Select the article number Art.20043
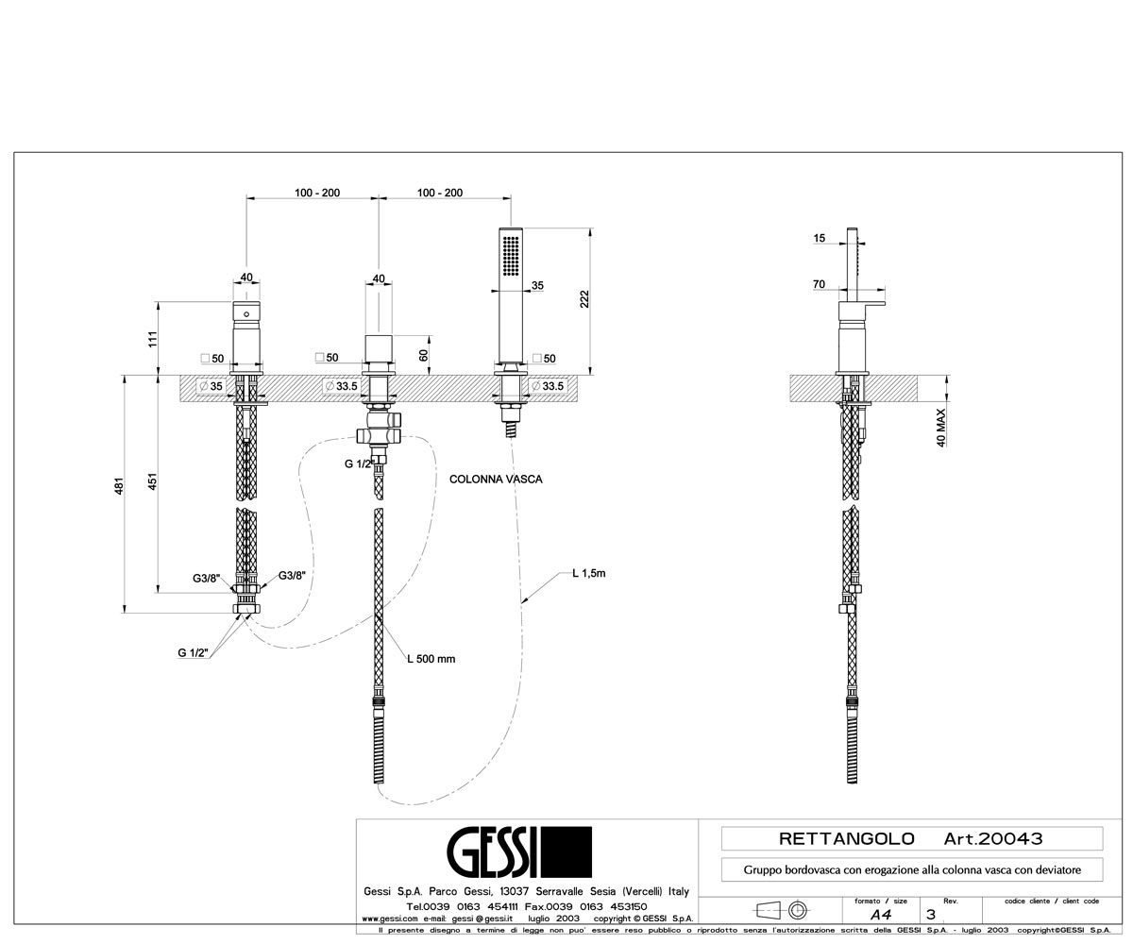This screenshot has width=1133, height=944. pyautogui.click(x=993, y=839)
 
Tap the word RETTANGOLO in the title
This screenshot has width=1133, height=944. pyautogui.click(x=847, y=839)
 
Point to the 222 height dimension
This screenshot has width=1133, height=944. pyautogui.click(x=584, y=299)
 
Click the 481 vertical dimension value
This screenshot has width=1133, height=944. pyautogui.click(x=119, y=485)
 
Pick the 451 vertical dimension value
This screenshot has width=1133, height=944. pyautogui.click(x=152, y=481)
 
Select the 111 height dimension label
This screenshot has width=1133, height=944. pyautogui.click(x=152, y=339)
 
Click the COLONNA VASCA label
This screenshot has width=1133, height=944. pyautogui.click(x=496, y=479)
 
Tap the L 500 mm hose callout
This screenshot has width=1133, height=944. pyautogui.click(x=431, y=659)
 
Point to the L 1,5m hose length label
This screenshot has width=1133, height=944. pyautogui.click(x=589, y=573)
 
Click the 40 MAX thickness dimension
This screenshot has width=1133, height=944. pyautogui.click(x=941, y=428)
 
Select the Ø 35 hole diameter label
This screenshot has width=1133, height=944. pyautogui.click(x=211, y=386)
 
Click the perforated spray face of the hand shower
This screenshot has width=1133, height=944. pyautogui.click(x=511, y=256)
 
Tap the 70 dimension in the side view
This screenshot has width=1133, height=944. pyautogui.click(x=819, y=284)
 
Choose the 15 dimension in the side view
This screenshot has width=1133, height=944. pyautogui.click(x=819, y=238)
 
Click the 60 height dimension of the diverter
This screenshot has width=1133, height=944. pyautogui.click(x=423, y=355)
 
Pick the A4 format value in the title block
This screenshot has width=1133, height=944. pyautogui.click(x=881, y=914)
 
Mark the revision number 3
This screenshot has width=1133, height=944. pyautogui.click(x=931, y=914)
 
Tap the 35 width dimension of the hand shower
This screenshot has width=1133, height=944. pyautogui.click(x=537, y=285)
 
